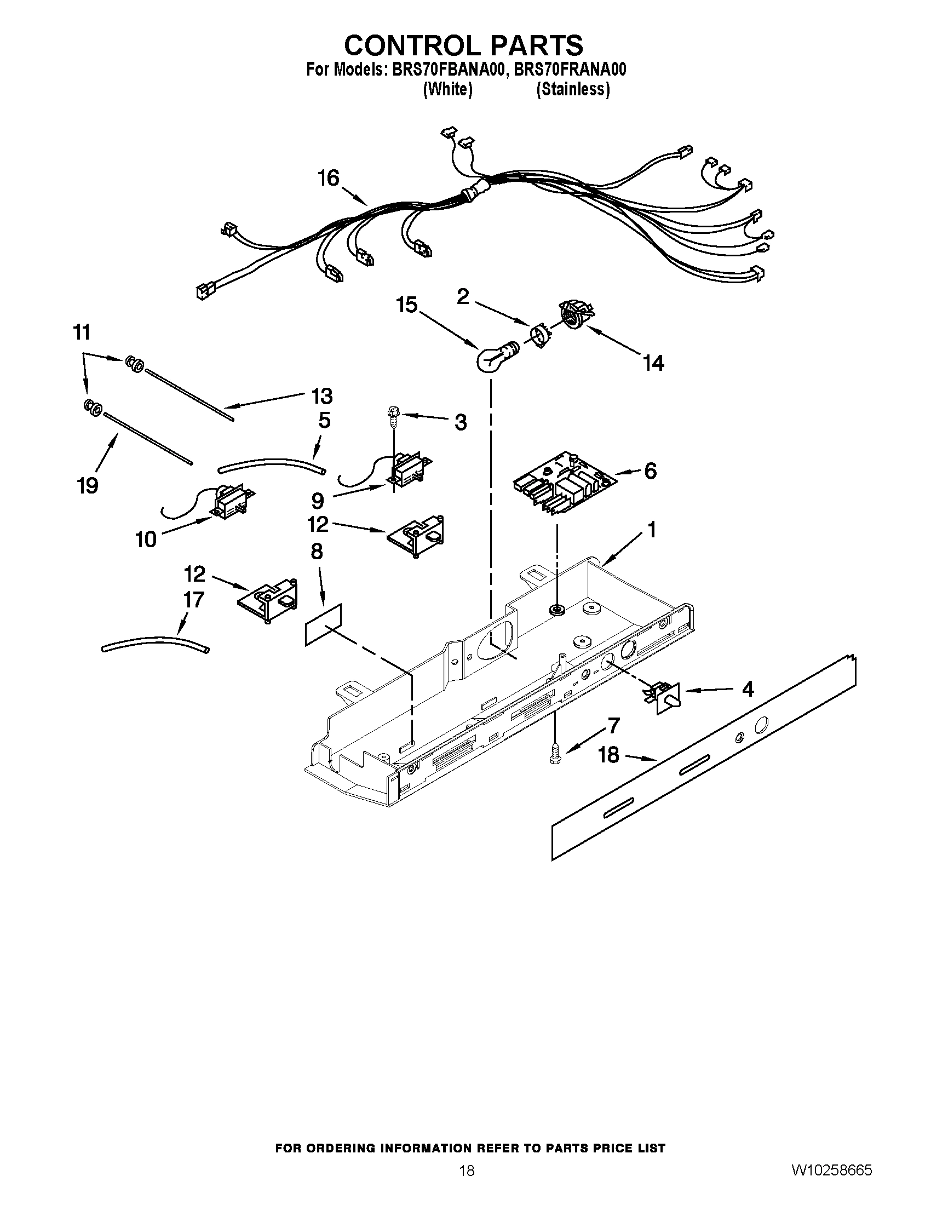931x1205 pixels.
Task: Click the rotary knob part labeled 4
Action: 664,697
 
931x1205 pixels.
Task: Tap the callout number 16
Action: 329,179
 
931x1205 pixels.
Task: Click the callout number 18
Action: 608,755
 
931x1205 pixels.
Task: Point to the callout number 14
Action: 653,363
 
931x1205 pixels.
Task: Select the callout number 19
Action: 88,485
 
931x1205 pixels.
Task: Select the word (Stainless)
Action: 573,89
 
